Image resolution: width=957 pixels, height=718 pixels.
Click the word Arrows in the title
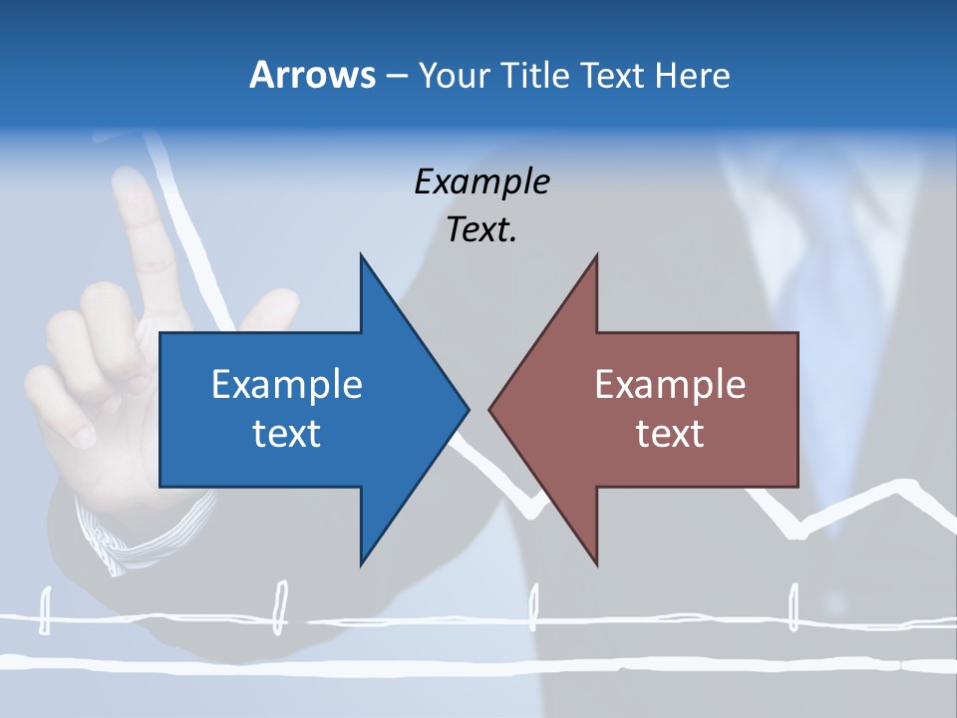(312, 75)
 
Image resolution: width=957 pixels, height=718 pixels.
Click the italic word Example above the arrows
(481, 182)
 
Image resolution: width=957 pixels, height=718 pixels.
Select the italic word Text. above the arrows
(481, 230)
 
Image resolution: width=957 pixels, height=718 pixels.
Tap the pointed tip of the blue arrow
(467, 409)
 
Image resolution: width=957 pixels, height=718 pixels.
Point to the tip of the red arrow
(490, 409)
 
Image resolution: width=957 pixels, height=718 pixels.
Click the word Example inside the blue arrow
(287, 385)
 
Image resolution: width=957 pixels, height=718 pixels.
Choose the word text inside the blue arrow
(287, 433)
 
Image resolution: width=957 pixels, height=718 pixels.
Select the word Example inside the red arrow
(670, 385)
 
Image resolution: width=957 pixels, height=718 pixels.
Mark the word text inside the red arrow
(670, 433)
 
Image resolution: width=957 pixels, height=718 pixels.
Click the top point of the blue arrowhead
(361, 257)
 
